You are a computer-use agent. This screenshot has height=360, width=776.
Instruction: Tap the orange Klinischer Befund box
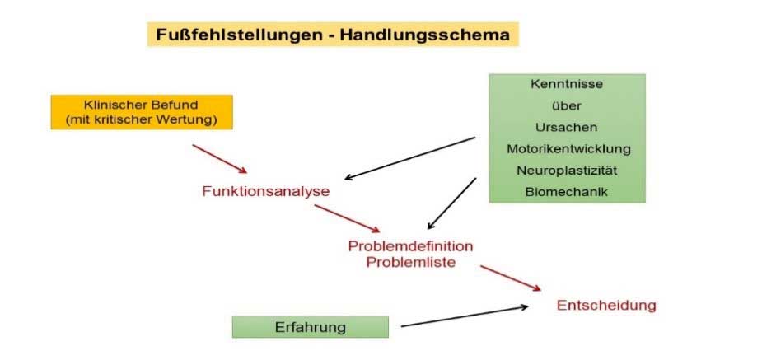142,112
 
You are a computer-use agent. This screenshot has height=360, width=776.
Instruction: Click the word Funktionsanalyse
265,191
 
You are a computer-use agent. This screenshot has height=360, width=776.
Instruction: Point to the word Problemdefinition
410,246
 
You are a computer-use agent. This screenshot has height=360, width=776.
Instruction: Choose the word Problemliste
410,261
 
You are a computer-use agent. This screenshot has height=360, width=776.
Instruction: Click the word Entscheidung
606,305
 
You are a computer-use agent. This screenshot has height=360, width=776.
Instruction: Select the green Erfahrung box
310,327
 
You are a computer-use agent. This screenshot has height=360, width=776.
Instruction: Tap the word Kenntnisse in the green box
567,84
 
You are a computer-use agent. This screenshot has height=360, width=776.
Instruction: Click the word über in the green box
567,105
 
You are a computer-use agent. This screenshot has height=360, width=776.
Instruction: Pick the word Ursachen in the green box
567,128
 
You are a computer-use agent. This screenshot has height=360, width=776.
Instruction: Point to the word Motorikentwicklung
567,149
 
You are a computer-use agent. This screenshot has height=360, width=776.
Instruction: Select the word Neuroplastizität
567,171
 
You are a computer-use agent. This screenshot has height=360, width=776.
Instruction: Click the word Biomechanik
567,192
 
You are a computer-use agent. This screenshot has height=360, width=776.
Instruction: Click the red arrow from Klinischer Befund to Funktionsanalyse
219,158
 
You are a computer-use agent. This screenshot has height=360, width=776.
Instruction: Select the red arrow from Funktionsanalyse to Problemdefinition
347,218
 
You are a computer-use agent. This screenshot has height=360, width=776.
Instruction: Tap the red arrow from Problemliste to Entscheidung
511,278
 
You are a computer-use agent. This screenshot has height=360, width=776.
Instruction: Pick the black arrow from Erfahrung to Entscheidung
464,317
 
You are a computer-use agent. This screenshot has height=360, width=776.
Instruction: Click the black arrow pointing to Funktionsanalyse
410,158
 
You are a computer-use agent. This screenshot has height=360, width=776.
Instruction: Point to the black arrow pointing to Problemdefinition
452,203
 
